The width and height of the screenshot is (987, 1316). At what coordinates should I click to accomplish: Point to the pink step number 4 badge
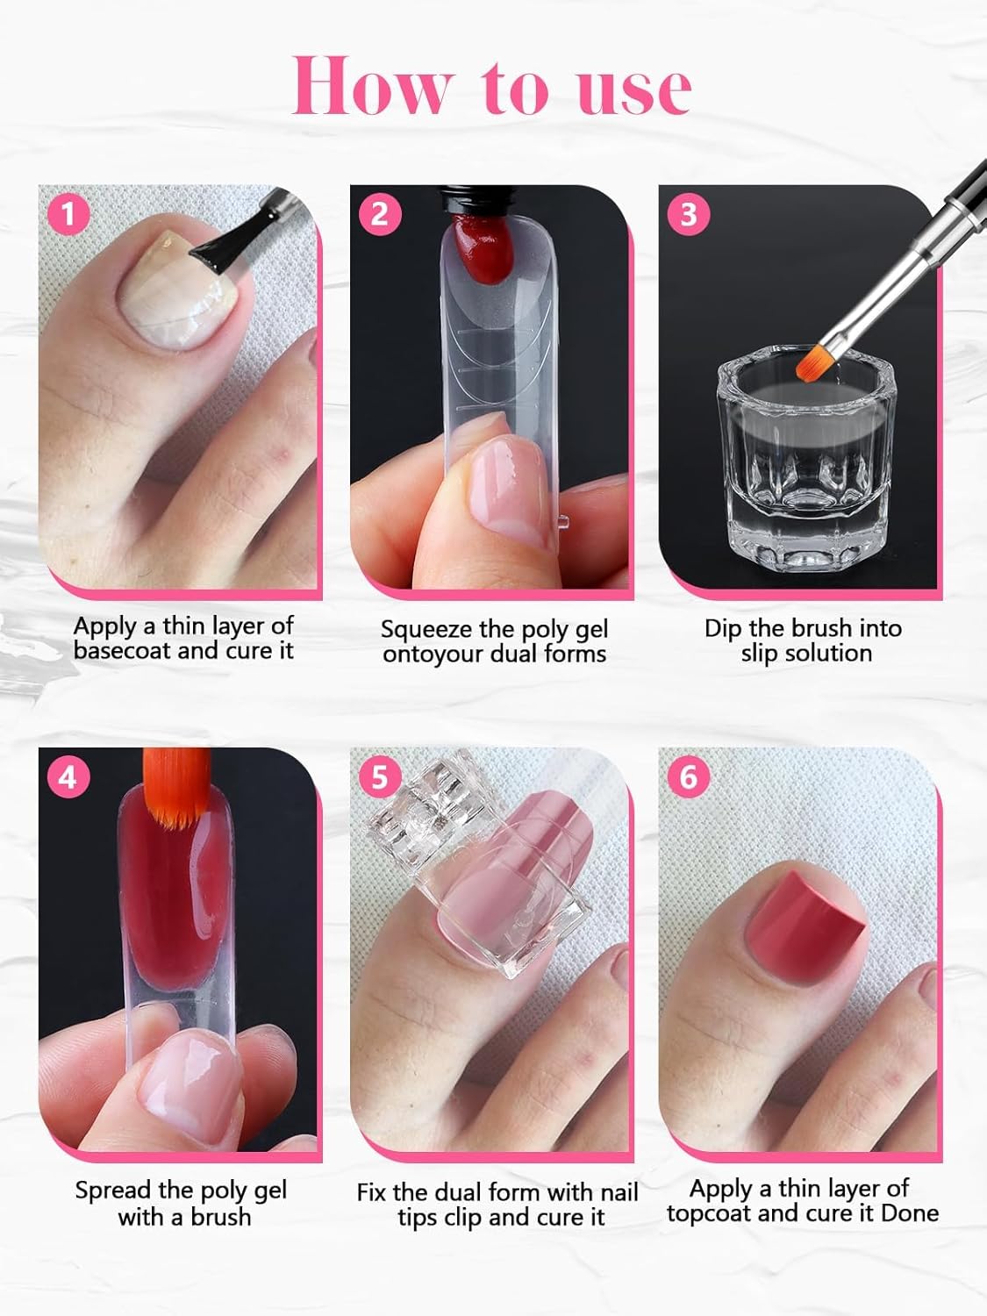click(x=68, y=777)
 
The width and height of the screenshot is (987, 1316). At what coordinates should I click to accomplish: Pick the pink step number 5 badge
click(x=379, y=777)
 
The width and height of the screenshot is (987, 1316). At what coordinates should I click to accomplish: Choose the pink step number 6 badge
click(x=689, y=777)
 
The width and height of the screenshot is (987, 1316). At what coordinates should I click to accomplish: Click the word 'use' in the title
click(x=634, y=87)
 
